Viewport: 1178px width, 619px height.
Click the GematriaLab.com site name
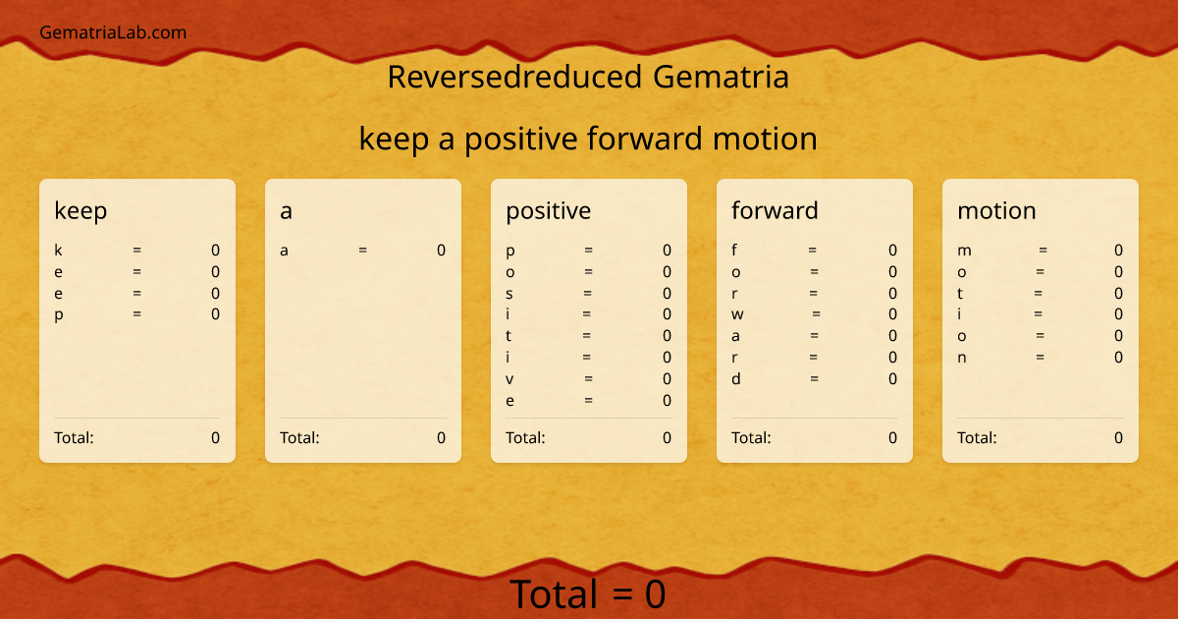coord(113,32)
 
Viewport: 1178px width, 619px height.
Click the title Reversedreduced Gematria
coord(588,77)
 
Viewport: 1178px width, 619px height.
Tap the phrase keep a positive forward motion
coord(588,139)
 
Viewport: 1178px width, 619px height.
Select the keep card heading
coord(80,210)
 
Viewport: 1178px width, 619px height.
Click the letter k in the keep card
coord(58,251)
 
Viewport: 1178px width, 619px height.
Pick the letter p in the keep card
coord(58,314)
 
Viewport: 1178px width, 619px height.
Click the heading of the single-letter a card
coord(286,210)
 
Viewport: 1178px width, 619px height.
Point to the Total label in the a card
coord(299,437)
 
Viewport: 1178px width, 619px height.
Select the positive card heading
coord(548,210)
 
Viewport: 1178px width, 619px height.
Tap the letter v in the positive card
coord(509,379)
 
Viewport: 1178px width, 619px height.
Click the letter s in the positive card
coord(509,294)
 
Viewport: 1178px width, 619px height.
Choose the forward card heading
coord(775,210)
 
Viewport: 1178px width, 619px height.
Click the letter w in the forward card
coord(737,314)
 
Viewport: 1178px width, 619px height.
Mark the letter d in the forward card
coord(736,379)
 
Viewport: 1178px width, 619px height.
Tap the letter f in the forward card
coord(735,251)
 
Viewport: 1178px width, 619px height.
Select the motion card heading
coord(996,210)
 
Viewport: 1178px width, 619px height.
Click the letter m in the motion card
coord(964,251)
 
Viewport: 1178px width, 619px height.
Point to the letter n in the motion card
coord(962,358)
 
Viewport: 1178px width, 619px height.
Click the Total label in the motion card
coord(977,437)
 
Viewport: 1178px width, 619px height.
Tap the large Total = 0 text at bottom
coord(588,594)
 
